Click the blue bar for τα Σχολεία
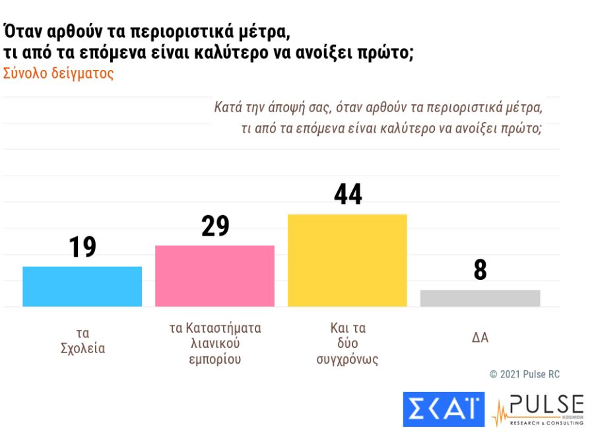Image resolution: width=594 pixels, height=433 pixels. point(82,286)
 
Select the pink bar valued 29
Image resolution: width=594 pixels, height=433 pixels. point(214,276)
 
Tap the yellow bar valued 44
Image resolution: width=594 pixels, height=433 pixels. point(347,260)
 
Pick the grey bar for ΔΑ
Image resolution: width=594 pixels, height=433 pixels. point(480,298)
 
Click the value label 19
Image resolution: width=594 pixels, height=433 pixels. point(82,247)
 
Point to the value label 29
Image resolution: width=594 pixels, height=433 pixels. point(214,226)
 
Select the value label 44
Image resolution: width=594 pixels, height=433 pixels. point(348,194)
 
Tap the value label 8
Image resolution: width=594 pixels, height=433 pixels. point(480,270)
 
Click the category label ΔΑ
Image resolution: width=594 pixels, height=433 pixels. point(480,338)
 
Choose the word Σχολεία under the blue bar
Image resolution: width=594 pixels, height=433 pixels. point(82,349)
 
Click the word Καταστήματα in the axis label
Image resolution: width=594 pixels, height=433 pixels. point(224,328)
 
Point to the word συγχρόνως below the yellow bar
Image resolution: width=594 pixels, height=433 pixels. point(347,360)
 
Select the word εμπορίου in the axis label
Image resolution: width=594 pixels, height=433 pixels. point(215,360)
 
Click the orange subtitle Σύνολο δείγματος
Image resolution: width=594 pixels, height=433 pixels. point(58,73)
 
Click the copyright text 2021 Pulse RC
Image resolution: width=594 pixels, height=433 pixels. point(530,374)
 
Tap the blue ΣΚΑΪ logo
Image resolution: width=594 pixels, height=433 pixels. point(444,409)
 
